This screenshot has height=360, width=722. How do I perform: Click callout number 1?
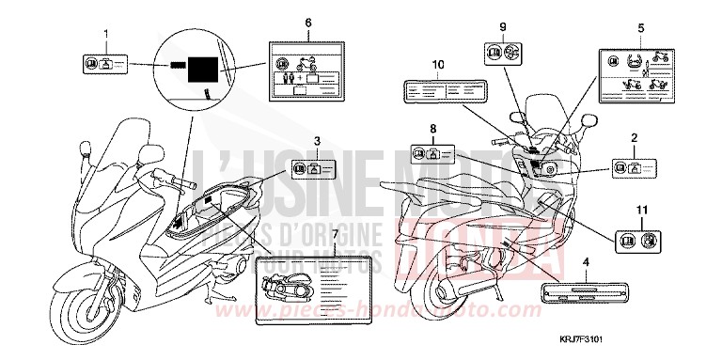tap(105, 35)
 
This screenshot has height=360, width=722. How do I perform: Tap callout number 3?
tap(317, 140)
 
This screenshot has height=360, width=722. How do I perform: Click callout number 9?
tap(502, 25)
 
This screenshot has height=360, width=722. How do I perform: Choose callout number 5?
tap(640, 27)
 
